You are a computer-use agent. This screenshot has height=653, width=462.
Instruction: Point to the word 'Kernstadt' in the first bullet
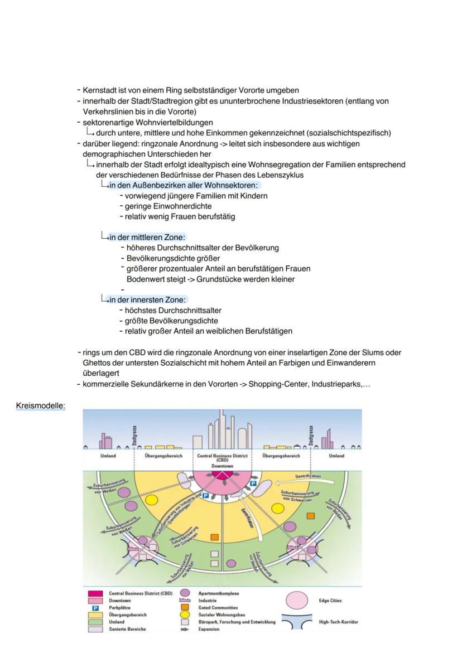click(x=100, y=90)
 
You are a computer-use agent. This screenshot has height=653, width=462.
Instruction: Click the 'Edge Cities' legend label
click(x=330, y=601)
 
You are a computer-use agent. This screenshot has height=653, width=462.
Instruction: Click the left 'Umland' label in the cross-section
click(x=101, y=456)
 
